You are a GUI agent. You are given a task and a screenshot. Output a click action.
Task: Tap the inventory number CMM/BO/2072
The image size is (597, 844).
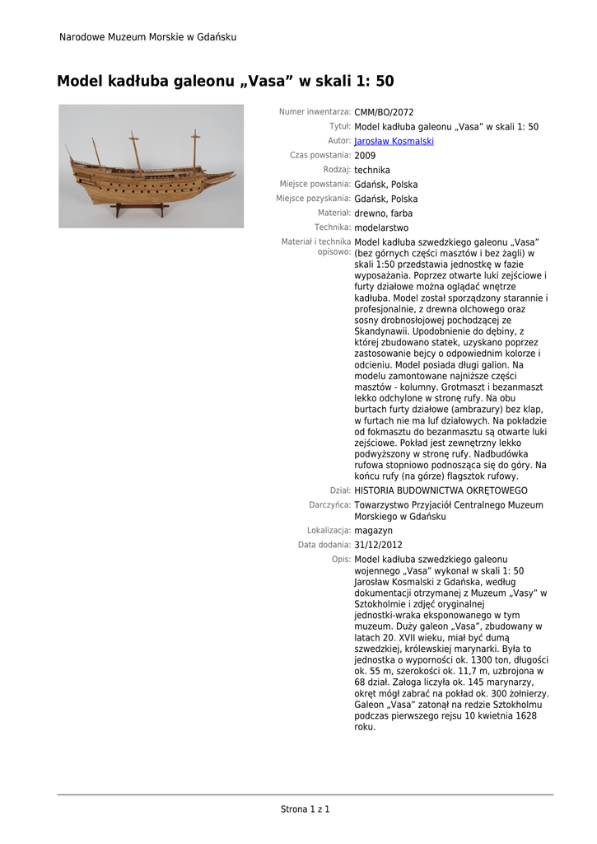pos(384,112)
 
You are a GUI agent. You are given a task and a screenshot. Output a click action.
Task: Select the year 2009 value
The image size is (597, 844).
pos(365,156)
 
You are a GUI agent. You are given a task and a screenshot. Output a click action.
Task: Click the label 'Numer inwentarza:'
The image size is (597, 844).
pos(315,112)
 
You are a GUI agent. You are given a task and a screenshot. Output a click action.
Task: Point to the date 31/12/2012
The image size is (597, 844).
pos(378,545)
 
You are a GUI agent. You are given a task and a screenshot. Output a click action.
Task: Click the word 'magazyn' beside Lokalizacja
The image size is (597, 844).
pos(373,531)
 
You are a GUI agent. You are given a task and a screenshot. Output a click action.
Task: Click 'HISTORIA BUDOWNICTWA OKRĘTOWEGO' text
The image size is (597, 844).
pos(441,490)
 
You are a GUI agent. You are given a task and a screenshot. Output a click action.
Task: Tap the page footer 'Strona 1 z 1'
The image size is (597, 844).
pos(305,809)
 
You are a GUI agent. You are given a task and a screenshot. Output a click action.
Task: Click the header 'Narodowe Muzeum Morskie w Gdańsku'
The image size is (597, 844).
pos(148,37)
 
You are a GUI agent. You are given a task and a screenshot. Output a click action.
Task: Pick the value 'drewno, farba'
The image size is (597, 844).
pos(383,213)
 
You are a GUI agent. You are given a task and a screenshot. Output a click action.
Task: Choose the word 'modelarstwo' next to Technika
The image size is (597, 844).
pos(381,227)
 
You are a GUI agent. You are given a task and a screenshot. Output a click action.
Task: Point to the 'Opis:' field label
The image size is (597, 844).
pos(341,560)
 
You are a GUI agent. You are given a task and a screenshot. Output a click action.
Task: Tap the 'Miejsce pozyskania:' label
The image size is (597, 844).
pos(314,199)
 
